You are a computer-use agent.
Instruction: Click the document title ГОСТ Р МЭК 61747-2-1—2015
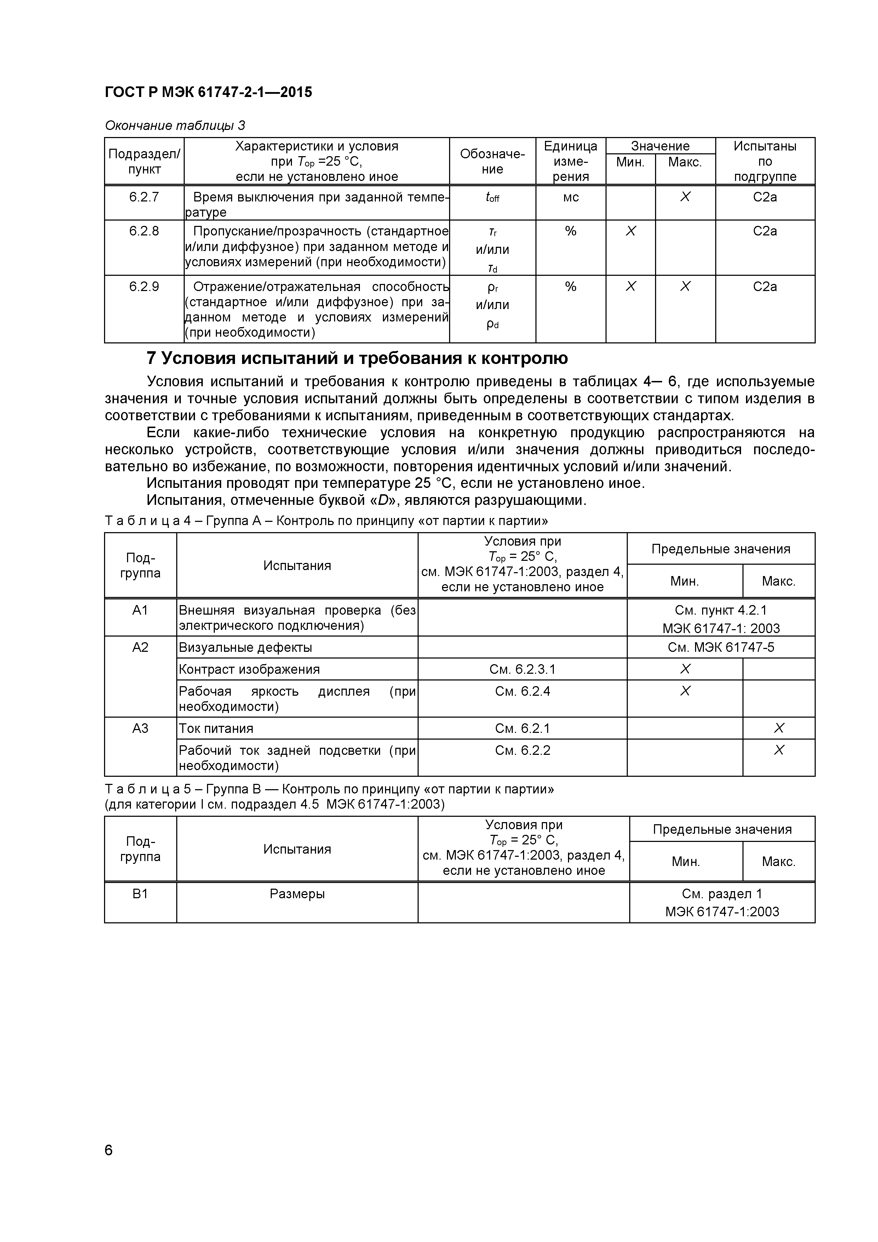click(208, 92)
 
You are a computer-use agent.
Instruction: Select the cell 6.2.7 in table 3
click(144, 198)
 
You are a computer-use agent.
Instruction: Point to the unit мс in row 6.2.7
click(570, 198)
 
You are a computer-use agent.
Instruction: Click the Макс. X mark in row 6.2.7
click(685, 198)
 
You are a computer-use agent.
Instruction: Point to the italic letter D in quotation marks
click(383, 500)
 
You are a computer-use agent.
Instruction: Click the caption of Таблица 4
click(326, 521)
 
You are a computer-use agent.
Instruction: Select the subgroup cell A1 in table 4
click(140, 610)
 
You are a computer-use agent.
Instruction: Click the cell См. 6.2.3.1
click(522, 669)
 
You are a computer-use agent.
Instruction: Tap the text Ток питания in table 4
click(216, 729)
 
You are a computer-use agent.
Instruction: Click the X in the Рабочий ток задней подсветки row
click(779, 750)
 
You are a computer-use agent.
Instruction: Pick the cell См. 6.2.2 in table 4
click(522, 750)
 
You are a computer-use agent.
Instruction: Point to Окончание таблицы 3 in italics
click(174, 125)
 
